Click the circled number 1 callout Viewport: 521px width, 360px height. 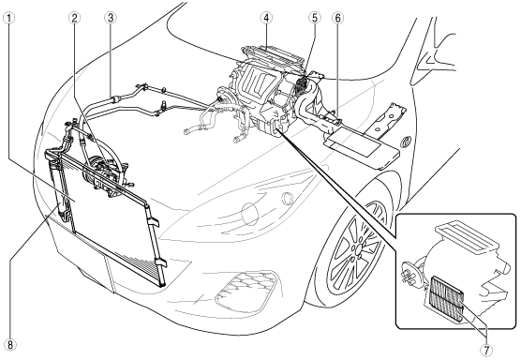[x=9, y=18]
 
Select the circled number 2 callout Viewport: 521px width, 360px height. [x=74, y=18]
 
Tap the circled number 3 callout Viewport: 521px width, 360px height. [x=111, y=18]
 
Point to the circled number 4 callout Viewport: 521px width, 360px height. [x=266, y=18]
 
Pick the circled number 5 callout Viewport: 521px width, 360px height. [x=314, y=18]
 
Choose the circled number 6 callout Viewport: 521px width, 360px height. [x=337, y=18]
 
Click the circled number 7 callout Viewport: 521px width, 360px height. [x=486, y=349]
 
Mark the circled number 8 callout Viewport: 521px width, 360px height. [x=10, y=344]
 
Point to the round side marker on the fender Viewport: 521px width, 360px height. [x=406, y=142]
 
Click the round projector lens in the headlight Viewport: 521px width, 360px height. [x=287, y=199]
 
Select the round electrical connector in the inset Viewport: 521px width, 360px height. [x=412, y=274]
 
